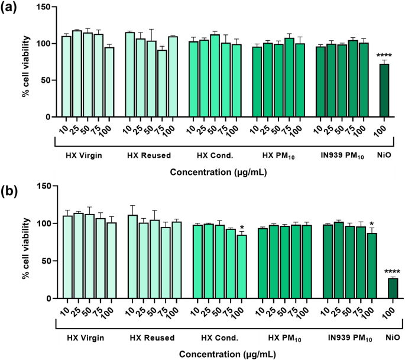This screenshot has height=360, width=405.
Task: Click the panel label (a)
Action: [11, 9]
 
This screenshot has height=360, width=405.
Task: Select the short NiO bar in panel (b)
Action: [393, 288]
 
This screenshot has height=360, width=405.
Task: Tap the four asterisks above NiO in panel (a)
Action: [384, 56]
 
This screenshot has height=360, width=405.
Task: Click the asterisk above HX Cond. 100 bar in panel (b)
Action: [242, 228]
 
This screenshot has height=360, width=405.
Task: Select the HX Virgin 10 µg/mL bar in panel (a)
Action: [66, 77]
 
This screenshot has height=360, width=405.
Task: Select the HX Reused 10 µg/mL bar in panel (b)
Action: [132, 257]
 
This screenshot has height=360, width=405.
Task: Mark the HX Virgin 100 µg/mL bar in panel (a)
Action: [109, 82]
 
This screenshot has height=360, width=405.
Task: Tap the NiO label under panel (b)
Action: [393, 338]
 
